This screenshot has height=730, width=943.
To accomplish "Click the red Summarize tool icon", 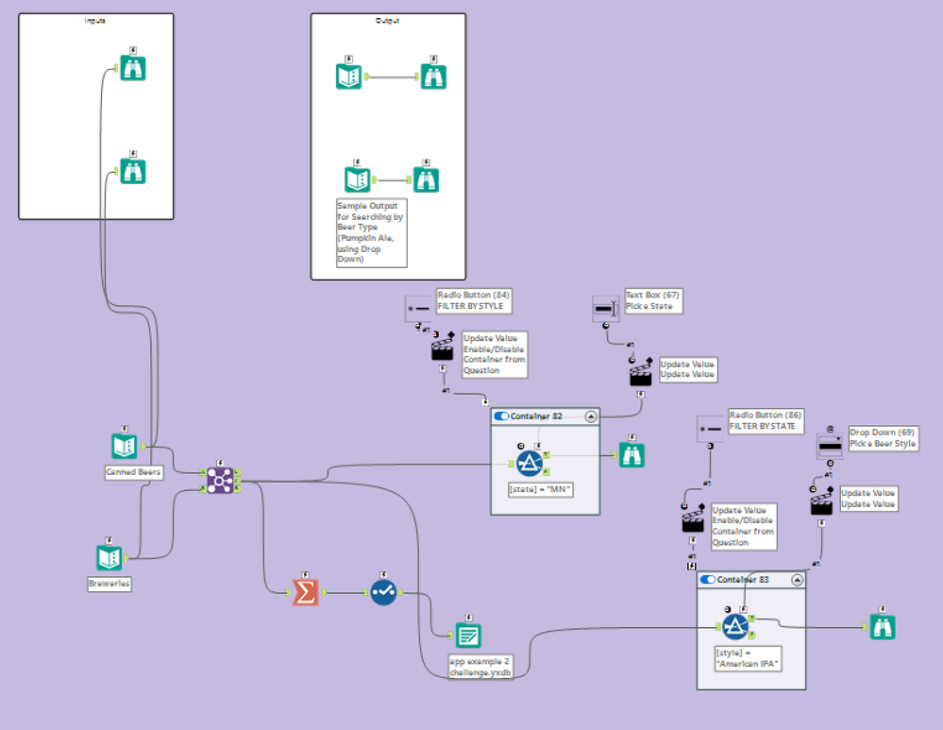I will pyautogui.click(x=305, y=592).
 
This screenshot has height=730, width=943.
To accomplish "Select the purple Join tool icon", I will pyautogui.click(x=220, y=481).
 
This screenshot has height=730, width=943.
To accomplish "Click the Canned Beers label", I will pyautogui.click(x=133, y=471).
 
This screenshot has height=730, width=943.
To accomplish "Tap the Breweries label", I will pyautogui.click(x=109, y=584).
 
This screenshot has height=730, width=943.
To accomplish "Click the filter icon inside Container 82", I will pyautogui.click(x=529, y=460).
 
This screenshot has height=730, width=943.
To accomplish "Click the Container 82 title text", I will pyautogui.click(x=544, y=416).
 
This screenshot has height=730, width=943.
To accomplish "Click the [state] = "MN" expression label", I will pyautogui.click(x=541, y=489).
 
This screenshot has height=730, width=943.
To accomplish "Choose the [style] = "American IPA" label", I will pyautogui.click(x=746, y=658).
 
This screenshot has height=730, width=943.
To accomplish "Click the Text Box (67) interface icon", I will pyautogui.click(x=604, y=308).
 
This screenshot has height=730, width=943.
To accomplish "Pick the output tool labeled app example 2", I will pyautogui.click(x=469, y=636).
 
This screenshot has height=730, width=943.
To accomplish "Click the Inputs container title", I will pyautogui.click(x=95, y=20).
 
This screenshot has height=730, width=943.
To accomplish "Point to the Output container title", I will pyautogui.click(x=387, y=20).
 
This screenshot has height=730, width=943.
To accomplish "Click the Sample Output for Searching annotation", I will pyautogui.click(x=371, y=231).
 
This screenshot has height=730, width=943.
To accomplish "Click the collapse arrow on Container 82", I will pyautogui.click(x=591, y=416).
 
